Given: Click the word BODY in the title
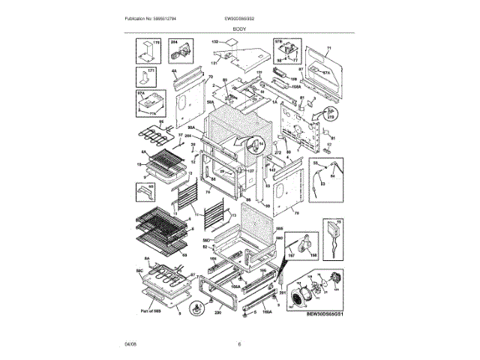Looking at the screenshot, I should tap(239, 28).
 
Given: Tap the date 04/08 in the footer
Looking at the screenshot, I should tap(131, 344).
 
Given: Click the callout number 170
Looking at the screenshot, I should tap(157, 43).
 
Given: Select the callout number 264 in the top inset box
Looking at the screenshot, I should tap(174, 43).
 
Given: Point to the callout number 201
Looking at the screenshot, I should tap(283, 293).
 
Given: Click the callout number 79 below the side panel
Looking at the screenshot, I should tap(296, 214).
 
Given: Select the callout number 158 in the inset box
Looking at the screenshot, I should tap(313, 256).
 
